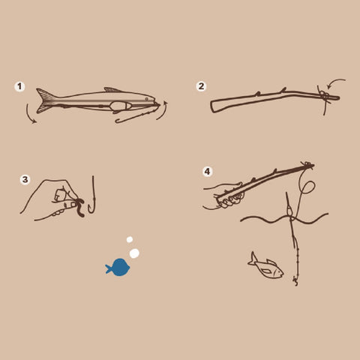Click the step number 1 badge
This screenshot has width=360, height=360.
(x=19, y=87)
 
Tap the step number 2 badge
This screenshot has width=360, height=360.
(x=201, y=86)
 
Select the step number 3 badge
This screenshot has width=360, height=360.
(x=25, y=179)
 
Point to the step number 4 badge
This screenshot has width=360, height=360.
(x=208, y=172)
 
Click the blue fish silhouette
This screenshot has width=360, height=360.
(x=118, y=268)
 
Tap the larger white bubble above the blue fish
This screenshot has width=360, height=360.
(x=134, y=253)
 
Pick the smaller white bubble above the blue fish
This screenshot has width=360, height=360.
(x=130, y=239)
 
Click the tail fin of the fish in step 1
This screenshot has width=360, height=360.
(x=45, y=100)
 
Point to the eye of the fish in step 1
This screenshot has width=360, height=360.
(x=146, y=99)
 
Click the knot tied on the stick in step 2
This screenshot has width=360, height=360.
(x=325, y=96)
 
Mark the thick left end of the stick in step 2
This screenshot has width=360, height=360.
(x=214, y=106)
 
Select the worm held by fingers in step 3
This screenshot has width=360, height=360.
(x=80, y=207)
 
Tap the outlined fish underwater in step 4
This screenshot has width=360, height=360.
(x=266, y=267)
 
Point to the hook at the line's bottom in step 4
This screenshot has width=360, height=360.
(x=295, y=281)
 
